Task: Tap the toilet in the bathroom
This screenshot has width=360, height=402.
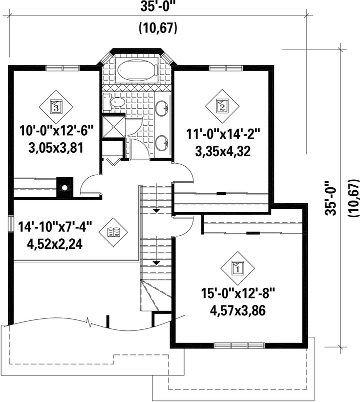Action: pyautogui.click(x=114, y=102)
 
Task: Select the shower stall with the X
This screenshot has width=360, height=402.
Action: pyautogui.click(x=113, y=127)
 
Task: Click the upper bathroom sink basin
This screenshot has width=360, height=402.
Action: pyautogui.click(x=162, y=108)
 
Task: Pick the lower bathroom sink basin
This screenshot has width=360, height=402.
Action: pyautogui.click(x=162, y=142)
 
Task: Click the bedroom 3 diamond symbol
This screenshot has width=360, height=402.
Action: pyautogui.click(x=56, y=107)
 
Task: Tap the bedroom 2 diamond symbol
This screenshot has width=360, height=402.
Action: pyautogui.click(x=222, y=106)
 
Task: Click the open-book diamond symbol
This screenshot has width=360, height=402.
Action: pyautogui.click(x=113, y=232)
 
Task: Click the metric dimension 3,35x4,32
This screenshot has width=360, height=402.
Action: pyautogui.click(x=222, y=152)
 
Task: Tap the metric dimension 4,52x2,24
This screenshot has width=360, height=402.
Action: pyautogui.click(x=55, y=244)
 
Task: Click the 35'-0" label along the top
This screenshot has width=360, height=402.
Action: pyautogui.click(x=157, y=7)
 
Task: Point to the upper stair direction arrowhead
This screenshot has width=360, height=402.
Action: pyautogui.click(x=156, y=211)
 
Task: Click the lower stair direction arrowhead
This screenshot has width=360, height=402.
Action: pyautogui.click(x=156, y=263)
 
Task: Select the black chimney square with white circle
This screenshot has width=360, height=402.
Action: pyautogui.click(x=64, y=187)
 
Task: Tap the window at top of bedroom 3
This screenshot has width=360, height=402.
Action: pyautogui.click(x=62, y=68)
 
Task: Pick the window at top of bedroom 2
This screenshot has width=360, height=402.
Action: pyautogui.click(x=225, y=68)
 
